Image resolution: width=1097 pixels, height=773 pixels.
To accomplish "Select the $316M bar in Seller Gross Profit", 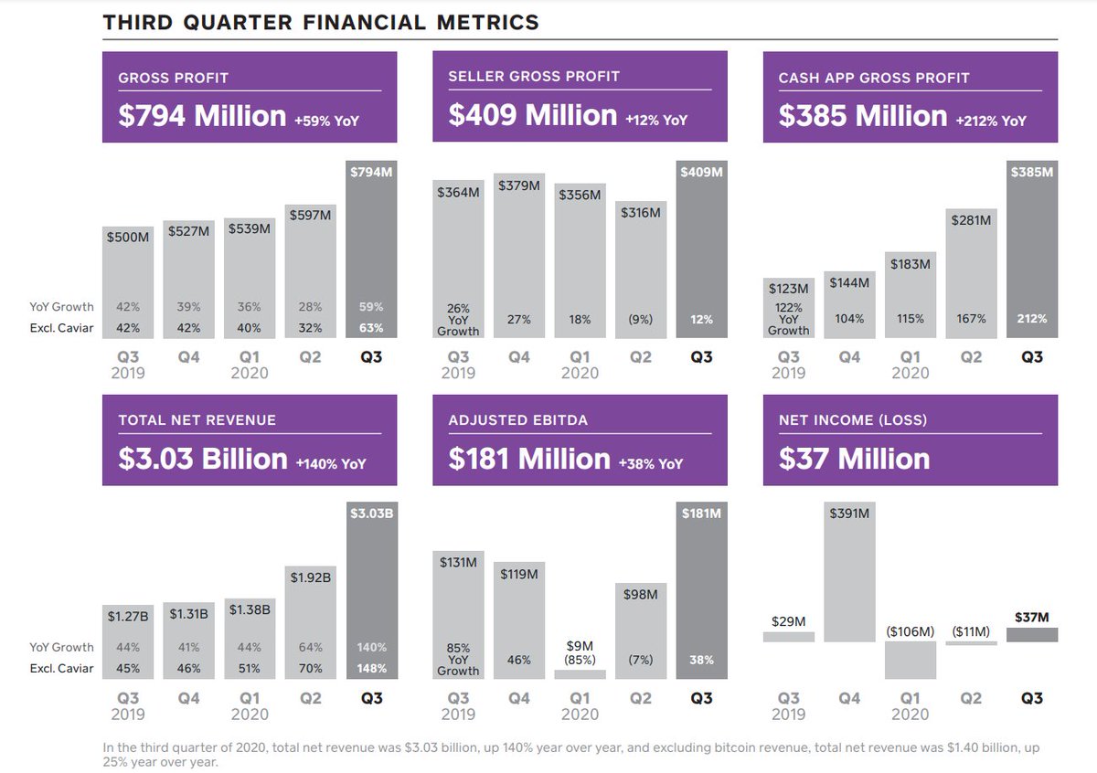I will [x=640, y=274].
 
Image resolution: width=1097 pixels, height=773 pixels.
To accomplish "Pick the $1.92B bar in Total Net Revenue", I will [x=310, y=630].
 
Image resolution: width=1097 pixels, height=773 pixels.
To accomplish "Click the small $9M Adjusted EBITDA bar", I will [x=580, y=674].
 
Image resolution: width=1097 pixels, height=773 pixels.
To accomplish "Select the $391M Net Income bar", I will [x=849, y=576].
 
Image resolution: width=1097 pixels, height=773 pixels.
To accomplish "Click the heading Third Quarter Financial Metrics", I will [x=321, y=22].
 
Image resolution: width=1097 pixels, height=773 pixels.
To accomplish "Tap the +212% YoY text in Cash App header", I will [x=992, y=121].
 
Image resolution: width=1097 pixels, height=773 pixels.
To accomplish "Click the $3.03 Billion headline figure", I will [x=203, y=459].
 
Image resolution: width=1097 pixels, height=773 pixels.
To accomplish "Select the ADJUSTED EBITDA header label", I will [x=518, y=420].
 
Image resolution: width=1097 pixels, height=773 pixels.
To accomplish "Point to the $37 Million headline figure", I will [x=854, y=459].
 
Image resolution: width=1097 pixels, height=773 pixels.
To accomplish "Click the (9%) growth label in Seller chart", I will [x=640, y=320].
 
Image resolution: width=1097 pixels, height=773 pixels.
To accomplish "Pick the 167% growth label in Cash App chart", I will [x=971, y=319].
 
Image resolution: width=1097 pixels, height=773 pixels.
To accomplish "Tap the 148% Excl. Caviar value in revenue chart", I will [x=371, y=668].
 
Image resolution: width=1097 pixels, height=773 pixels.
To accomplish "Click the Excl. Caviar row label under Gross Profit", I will [x=61, y=327].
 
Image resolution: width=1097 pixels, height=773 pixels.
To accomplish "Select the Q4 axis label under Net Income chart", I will [x=849, y=698].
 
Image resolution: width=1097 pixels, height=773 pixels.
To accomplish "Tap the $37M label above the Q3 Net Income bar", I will [x=1032, y=619].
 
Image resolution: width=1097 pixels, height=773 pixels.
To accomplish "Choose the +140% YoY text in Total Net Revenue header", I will [x=331, y=464].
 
